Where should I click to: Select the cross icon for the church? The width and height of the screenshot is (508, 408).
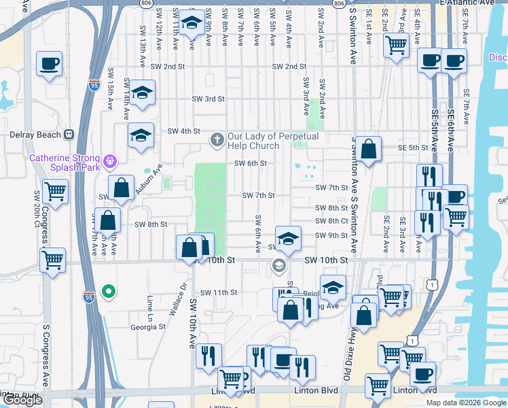point(217,140)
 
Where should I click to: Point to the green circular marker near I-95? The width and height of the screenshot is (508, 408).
point(108,292)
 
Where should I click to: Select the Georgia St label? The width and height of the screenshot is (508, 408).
point(148,326)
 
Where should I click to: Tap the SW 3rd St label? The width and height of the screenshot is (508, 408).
point(208,99)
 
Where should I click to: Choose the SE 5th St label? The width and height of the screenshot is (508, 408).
point(413,148)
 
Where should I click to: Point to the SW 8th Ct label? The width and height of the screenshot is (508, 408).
point(331,221)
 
